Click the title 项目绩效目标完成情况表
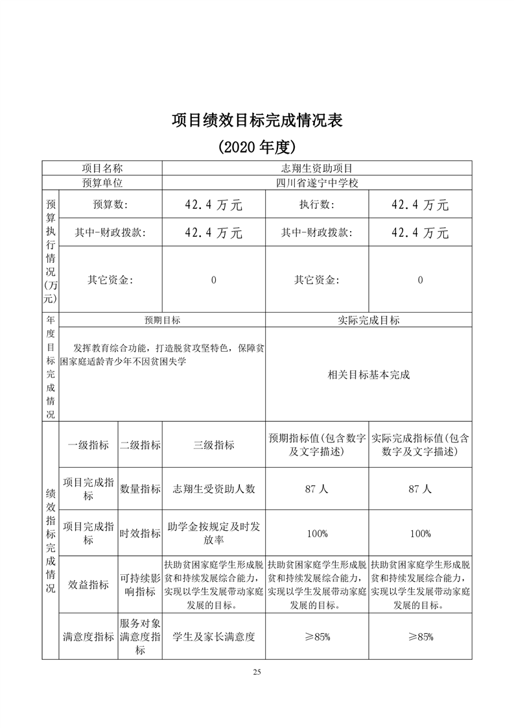pyautogui.click(x=257, y=120)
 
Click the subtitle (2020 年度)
pyautogui.click(x=257, y=147)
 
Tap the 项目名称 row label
pyautogui.click(x=102, y=168)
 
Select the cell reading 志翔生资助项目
pyautogui.click(x=316, y=168)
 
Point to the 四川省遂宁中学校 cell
pyautogui.click(x=316, y=183)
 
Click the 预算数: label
pyautogui.click(x=110, y=205)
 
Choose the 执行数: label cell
pyautogui.click(x=316, y=205)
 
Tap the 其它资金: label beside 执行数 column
pyautogui.click(x=316, y=280)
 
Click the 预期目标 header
pyautogui.click(x=162, y=320)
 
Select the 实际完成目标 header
pyautogui.click(x=368, y=320)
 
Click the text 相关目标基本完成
pyautogui.click(x=368, y=375)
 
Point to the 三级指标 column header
pyautogui.click(x=214, y=445)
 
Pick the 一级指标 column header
pyautogui.click(x=88, y=445)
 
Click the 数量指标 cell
pyautogui.click(x=140, y=489)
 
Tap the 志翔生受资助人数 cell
pyautogui.click(x=214, y=489)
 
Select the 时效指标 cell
pyautogui.click(x=140, y=533)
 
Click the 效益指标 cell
pyautogui.click(x=88, y=585)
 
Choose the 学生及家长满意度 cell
pyautogui.click(x=214, y=637)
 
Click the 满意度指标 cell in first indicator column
pyautogui.click(x=88, y=637)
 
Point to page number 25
pyautogui.click(x=257, y=672)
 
